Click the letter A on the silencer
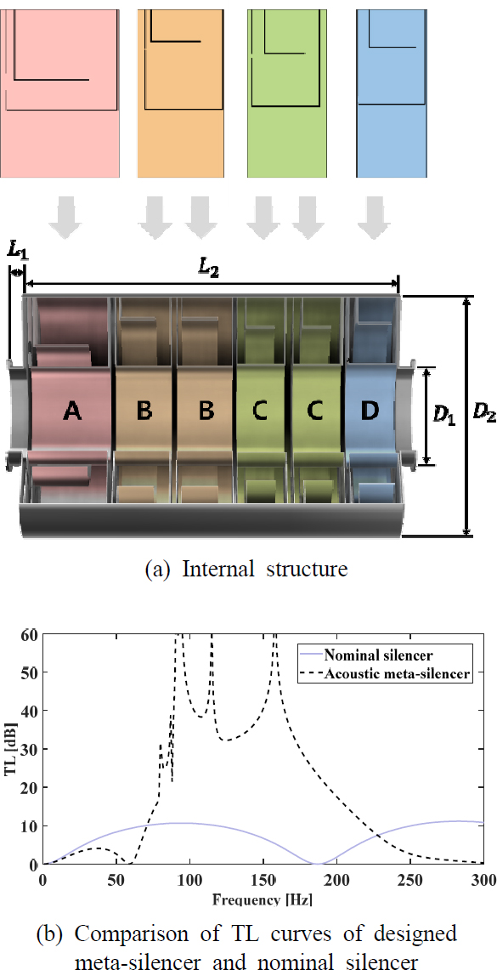(72, 411)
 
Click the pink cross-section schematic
(59, 89)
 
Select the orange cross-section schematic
(180, 89)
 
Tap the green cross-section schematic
(286, 89)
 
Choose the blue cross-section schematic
(392, 89)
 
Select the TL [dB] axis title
(11, 749)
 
